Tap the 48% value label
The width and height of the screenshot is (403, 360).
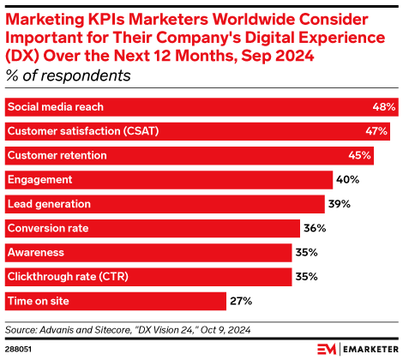coord(384,107)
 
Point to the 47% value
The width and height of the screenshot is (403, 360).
coord(377,131)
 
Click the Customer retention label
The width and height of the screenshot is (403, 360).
coord(57,155)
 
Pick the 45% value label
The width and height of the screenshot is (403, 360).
coord(359,155)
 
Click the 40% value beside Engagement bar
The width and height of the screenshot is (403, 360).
coord(347,179)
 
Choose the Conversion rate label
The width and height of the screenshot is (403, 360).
coord(48,228)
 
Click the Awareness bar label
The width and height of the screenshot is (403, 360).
coord(36,252)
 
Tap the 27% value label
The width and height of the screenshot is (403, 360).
coord(239,301)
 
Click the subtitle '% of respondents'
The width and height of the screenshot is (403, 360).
coord(69,75)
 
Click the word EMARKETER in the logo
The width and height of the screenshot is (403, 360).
coord(368,348)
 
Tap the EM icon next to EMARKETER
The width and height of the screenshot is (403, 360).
coord(327,348)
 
